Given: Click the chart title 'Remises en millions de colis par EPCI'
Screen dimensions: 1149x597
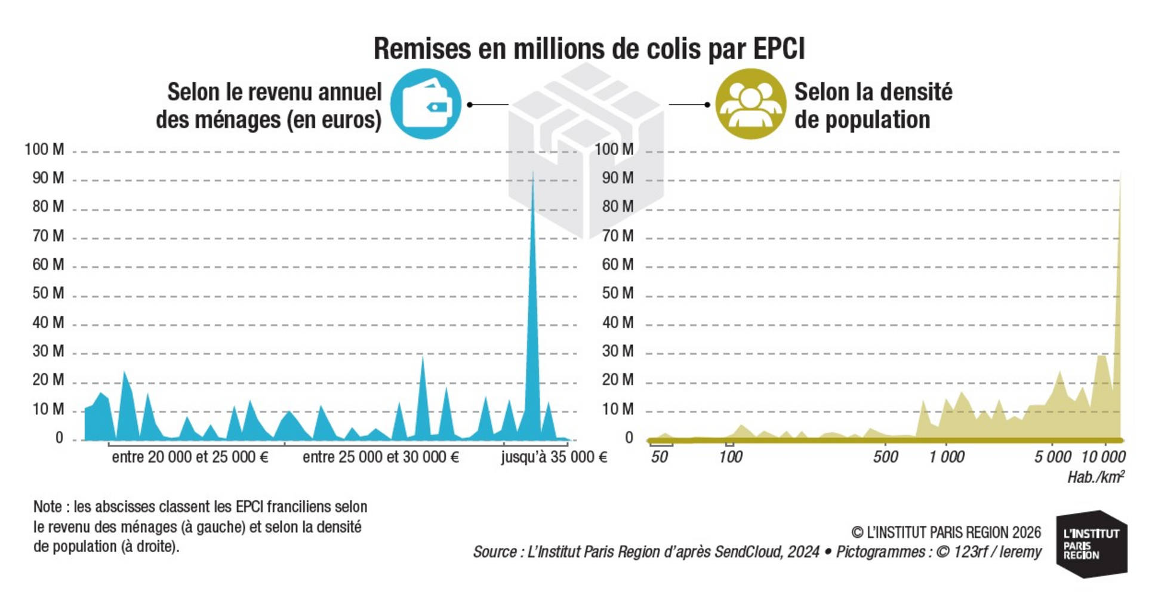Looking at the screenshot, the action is [x=589, y=49].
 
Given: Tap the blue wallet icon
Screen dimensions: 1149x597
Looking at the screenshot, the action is [x=426, y=104].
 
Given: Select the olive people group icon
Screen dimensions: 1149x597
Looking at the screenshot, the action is [x=750, y=104].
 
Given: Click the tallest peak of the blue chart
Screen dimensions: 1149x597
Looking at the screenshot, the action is [x=533, y=173].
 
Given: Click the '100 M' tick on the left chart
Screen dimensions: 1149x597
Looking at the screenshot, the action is [x=44, y=149].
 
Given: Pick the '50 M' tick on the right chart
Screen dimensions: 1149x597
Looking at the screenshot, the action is [x=618, y=293].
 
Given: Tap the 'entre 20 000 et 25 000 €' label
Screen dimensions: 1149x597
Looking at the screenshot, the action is [x=190, y=457].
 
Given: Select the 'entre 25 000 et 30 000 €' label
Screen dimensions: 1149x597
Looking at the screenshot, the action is [x=381, y=457].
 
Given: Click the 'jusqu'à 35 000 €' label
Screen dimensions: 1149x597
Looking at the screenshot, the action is [x=554, y=457].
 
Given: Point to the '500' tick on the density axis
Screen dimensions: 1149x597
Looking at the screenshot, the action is [x=886, y=457].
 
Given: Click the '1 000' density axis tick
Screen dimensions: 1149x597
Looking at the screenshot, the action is [x=947, y=457].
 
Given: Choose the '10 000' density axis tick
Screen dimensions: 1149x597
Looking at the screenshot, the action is [x=1104, y=457].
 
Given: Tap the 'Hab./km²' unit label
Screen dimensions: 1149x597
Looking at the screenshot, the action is [x=1096, y=477].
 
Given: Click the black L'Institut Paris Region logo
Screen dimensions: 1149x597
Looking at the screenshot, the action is [x=1092, y=544].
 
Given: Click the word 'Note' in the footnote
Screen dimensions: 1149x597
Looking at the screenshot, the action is [x=48, y=507].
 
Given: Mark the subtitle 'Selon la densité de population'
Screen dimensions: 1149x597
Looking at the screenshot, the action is [x=873, y=106].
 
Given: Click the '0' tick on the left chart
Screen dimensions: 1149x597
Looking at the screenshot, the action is [x=59, y=438].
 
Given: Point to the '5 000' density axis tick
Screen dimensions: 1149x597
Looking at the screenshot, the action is [x=1053, y=457].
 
